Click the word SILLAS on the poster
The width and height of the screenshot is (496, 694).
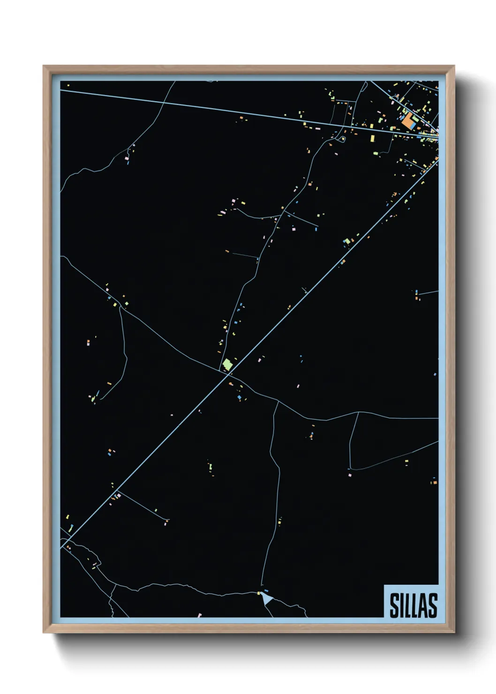[413, 605]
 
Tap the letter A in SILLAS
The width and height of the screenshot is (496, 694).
[422, 605]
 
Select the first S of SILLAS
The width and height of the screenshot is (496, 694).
[394, 605]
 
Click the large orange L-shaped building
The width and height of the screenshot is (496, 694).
[407, 121]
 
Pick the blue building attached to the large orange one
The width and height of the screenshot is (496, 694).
[413, 126]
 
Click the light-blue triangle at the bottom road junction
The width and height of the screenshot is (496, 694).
[266, 598]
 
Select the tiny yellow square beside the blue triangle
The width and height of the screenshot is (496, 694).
[258, 593]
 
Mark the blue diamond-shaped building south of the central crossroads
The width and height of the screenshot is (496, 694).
[239, 398]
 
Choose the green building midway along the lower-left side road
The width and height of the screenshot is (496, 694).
[156, 510]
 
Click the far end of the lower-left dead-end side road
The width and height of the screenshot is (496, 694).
[167, 520]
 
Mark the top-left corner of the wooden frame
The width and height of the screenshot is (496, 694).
[44, 66]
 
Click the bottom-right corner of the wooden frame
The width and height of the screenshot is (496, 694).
[454, 633]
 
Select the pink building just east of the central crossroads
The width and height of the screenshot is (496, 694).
[259, 360]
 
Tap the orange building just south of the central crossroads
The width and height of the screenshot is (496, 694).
[230, 384]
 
